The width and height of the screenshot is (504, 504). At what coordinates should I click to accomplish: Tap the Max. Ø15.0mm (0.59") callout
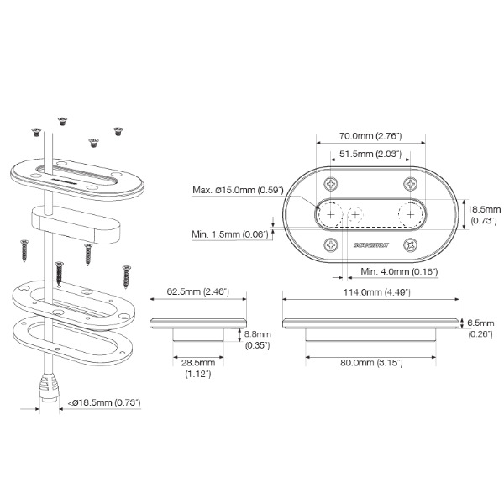coord(238,190)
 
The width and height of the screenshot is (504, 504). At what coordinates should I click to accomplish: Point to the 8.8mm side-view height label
coord(255,339)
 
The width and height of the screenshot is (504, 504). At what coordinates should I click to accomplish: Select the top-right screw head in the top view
coord(410,183)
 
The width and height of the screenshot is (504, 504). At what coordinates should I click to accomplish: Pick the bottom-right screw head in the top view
coord(410,244)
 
